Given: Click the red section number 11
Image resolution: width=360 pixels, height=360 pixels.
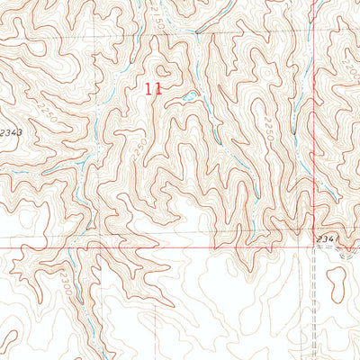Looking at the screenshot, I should click(x=154, y=89).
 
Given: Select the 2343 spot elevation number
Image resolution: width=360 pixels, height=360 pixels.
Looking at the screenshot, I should click(x=12, y=132).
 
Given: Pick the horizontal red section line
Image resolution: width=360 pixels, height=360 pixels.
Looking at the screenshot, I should click(x=135, y=246).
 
